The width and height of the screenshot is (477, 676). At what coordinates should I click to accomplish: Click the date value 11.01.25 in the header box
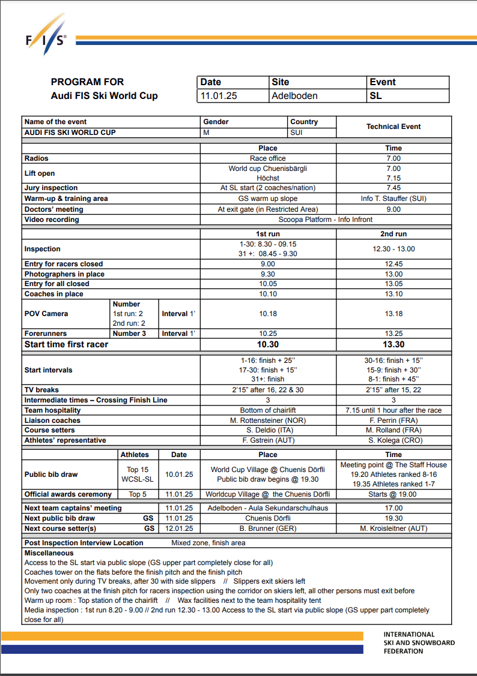coord(219,95)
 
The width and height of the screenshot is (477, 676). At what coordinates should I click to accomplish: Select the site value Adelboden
coord(294,95)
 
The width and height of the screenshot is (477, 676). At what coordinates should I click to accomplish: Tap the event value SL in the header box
coord(375,95)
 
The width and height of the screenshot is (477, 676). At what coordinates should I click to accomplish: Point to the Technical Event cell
coord(393,127)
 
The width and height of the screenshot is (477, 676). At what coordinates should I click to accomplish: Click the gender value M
coord(207,132)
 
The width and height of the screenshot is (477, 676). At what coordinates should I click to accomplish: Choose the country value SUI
coord(296,132)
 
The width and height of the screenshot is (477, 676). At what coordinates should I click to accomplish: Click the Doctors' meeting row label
coord(54,209)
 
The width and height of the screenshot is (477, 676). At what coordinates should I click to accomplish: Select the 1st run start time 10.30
coord(268,344)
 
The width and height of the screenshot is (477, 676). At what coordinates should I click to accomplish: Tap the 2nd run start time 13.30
coord(393,344)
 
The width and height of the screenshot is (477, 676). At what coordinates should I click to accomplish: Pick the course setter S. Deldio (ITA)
coord(268,430)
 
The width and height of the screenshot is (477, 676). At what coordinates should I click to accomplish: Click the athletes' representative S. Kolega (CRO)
coord(393,440)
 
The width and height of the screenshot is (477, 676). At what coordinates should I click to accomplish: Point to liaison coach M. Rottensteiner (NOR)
coord(268,420)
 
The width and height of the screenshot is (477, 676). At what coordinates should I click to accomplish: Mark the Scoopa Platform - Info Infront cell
coord(326,220)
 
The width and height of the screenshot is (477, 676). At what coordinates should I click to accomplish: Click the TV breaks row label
coord(41,390)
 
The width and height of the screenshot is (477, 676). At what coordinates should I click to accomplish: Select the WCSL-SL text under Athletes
coord(137,479)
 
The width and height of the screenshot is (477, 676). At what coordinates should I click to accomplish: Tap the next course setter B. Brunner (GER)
coord(268,528)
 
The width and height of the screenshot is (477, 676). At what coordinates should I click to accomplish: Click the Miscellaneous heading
coord(49,553)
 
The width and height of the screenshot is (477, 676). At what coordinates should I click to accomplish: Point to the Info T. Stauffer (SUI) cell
coord(393,199)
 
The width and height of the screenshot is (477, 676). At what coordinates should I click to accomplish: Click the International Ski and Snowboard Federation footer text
coord(419,642)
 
